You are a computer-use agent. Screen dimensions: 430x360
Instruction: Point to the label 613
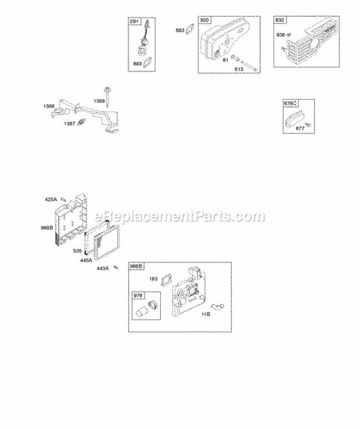239,69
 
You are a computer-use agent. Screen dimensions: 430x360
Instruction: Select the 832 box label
279,20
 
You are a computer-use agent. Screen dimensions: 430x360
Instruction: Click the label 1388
99,101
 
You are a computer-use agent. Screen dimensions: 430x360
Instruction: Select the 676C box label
290,103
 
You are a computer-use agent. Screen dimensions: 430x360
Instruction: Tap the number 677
300,128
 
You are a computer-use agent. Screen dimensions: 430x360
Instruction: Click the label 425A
51,199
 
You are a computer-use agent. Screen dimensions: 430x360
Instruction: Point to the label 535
77,250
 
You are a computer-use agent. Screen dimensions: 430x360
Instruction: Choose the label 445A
86,260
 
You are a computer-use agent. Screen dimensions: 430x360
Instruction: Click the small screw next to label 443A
115,268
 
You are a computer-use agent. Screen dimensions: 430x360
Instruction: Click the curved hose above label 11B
217,306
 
